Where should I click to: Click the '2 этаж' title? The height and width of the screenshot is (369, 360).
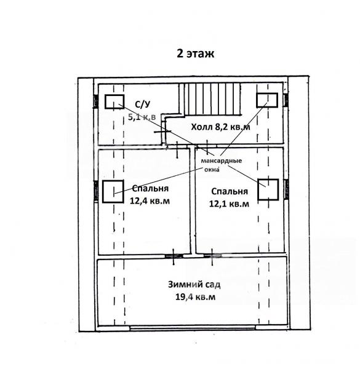196,54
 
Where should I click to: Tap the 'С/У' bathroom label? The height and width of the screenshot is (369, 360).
142,105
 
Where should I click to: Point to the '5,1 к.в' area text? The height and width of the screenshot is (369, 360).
142,117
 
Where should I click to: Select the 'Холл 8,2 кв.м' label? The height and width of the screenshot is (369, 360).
220,127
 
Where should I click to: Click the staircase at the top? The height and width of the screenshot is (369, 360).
210,99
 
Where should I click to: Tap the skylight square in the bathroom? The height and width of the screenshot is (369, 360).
114,101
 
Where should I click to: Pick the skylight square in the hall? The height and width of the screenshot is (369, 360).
267,100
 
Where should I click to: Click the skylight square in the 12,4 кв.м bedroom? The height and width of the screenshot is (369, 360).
113,191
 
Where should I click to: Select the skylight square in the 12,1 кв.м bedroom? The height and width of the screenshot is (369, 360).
268,189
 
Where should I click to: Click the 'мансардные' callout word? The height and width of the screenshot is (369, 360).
222,161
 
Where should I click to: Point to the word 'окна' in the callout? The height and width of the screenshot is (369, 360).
212,170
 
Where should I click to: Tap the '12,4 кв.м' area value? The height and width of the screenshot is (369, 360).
150,201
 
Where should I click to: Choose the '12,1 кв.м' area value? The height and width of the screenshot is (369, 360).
229,204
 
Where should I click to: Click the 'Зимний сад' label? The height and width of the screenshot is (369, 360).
194,285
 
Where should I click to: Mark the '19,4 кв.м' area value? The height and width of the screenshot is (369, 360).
196,297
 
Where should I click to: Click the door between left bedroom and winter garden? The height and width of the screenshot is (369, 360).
174,256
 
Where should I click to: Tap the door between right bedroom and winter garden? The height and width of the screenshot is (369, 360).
212,256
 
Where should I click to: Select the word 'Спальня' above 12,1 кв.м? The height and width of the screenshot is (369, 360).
230,191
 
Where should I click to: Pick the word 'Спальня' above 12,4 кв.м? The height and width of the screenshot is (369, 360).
150,189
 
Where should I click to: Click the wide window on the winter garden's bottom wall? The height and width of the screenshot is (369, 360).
193,327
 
